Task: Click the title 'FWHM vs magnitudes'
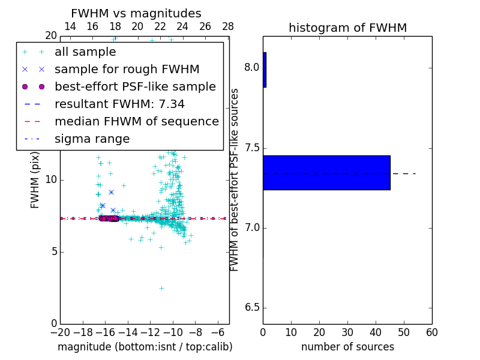tap(136, 13)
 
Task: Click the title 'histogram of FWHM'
tap(347, 28)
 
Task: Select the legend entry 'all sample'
tap(85, 52)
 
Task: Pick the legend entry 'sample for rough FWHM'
tap(127, 69)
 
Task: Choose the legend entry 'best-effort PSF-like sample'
tap(135, 86)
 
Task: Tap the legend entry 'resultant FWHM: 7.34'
tap(119, 104)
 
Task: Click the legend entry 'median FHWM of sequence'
tap(136, 121)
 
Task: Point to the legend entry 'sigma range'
tap(92, 139)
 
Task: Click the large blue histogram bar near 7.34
tap(326, 173)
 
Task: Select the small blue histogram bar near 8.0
tap(265, 70)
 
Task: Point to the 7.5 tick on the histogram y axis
tap(251, 148)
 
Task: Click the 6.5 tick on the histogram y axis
tap(251, 308)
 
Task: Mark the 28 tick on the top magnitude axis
tap(228, 26)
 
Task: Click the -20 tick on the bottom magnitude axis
tap(60, 332)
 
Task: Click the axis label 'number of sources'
tap(347, 347)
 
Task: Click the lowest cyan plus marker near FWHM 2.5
tap(161, 288)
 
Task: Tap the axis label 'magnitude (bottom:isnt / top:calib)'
tap(145, 347)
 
